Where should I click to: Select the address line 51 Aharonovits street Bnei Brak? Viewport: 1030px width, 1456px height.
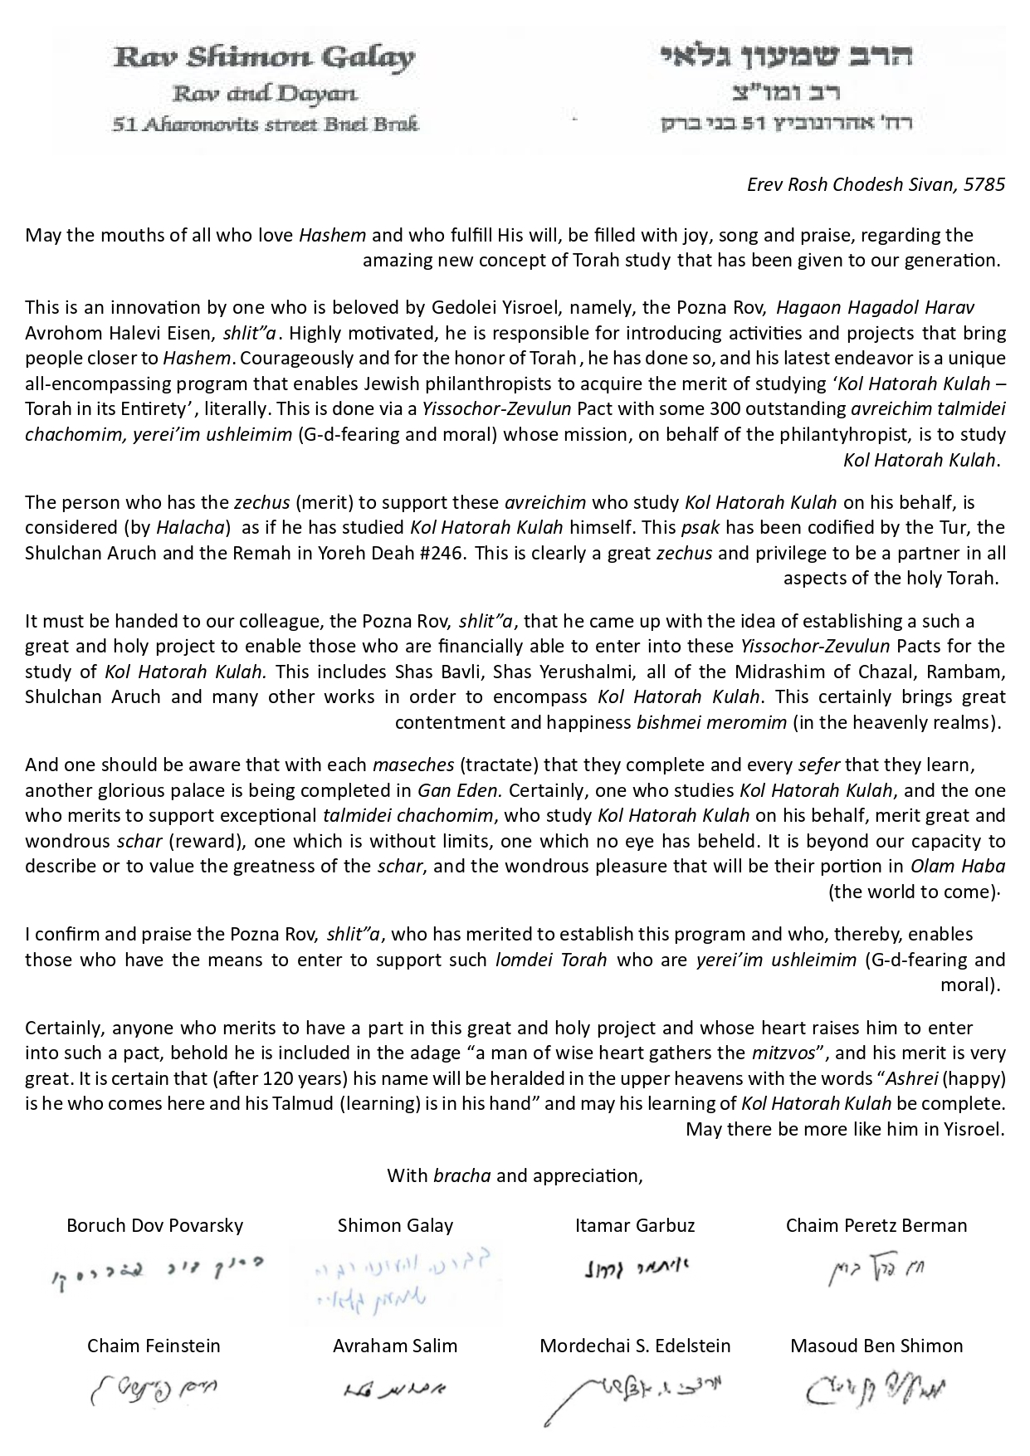[265, 125]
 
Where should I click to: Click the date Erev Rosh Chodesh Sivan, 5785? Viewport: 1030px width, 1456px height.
[876, 184]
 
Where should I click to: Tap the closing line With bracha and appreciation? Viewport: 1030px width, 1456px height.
[515, 1175]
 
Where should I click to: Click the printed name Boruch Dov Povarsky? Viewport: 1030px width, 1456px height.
[155, 1225]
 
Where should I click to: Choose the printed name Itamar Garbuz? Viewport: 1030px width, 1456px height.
[635, 1225]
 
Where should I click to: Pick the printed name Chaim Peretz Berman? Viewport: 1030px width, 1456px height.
[876, 1225]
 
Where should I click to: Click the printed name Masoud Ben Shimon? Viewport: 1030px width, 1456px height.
[876, 1346]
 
